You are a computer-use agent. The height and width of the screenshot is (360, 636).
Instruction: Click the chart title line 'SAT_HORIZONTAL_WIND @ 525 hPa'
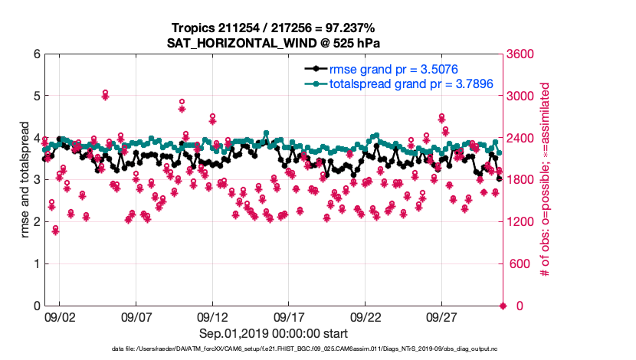(x=274, y=43)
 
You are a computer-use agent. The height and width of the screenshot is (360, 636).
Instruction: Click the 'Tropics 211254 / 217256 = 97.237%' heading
(x=274, y=28)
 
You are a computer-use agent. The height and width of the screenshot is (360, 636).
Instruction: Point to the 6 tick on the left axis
(x=35, y=54)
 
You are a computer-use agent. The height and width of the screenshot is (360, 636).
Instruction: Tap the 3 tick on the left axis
(x=35, y=180)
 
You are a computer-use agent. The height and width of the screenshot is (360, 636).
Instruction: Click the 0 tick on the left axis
(x=35, y=306)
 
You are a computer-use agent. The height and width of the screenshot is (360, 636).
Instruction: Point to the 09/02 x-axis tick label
(x=59, y=316)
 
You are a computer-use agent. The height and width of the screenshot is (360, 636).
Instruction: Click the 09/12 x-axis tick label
(x=212, y=316)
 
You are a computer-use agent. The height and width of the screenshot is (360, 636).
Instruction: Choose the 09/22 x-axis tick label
(x=366, y=316)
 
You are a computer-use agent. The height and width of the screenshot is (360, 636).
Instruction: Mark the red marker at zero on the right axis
(x=503, y=306)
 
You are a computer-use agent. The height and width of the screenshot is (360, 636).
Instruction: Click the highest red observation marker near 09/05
(x=105, y=93)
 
